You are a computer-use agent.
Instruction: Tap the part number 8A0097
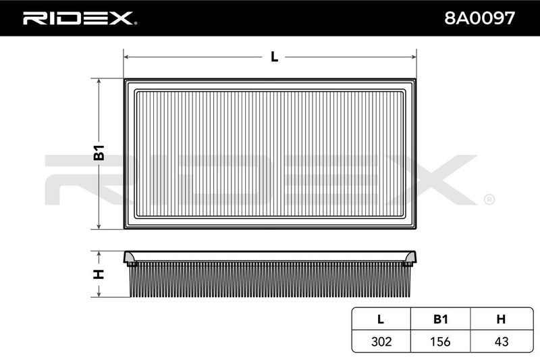tap(479, 18)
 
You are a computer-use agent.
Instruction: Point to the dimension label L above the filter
tap(274, 57)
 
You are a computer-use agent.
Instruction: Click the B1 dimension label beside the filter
tap(99, 153)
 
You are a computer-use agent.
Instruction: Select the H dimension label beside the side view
tap(99, 274)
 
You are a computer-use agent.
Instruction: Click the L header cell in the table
tap(381, 319)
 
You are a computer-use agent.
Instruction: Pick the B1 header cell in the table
tap(441, 319)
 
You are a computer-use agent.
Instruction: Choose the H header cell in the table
tap(501, 319)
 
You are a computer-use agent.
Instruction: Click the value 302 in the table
tap(381, 341)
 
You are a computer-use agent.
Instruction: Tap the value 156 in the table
tap(440, 341)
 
